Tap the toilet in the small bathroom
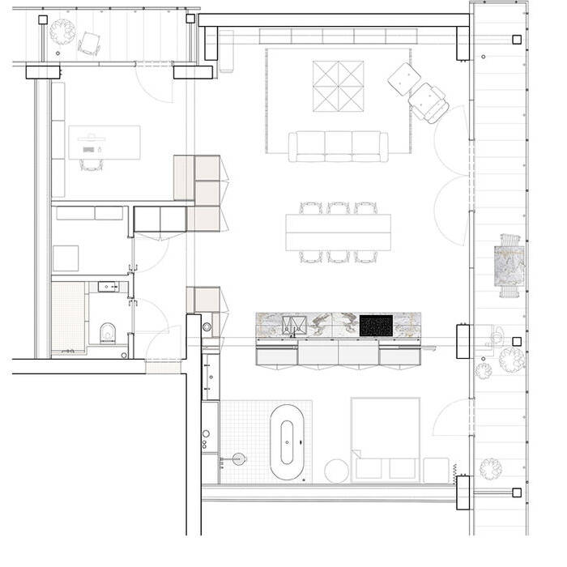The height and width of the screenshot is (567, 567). (x=107, y=333)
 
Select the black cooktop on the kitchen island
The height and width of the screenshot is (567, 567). (x=376, y=325)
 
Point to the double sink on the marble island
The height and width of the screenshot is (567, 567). (x=293, y=326)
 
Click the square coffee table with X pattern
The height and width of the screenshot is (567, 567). (x=339, y=87)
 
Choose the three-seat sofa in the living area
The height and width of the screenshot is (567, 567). (x=339, y=147)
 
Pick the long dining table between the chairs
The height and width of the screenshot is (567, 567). (x=339, y=232)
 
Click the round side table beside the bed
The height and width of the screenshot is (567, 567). (x=336, y=471)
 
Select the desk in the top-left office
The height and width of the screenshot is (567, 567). (x=104, y=142)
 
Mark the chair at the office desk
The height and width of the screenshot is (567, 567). (x=92, y=165)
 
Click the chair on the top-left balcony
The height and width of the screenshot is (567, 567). (x=89, y=43)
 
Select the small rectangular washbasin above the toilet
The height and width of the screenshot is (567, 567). (x=108, y=286)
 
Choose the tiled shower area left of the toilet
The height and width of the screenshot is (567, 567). (x=68, y=316)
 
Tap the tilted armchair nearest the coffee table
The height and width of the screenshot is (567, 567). (x=403, y=79)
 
